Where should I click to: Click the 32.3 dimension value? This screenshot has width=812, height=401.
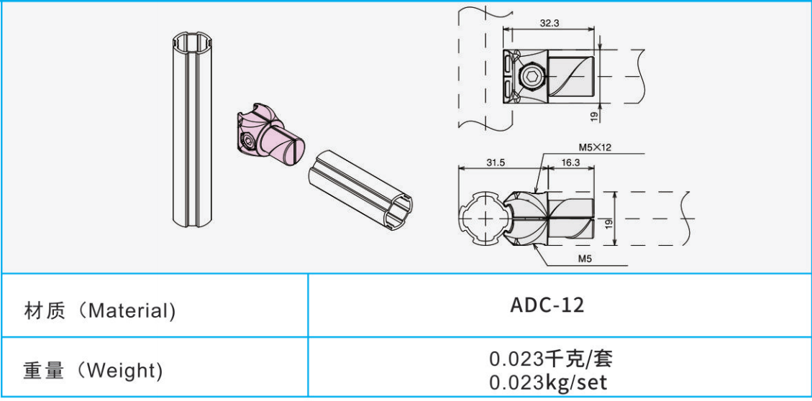point(549,23)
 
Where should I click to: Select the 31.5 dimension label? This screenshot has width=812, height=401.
point(495,162)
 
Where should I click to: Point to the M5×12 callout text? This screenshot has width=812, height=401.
point(595,147)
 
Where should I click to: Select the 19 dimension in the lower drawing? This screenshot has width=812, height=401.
point(608,223)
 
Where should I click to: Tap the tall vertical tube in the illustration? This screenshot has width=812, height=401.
point(188,129)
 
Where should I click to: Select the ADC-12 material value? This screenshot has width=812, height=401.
point(547,305)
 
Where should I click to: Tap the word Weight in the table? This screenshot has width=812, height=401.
point(120,371)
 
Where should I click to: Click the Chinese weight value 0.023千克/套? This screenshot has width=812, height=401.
point(551,358)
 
